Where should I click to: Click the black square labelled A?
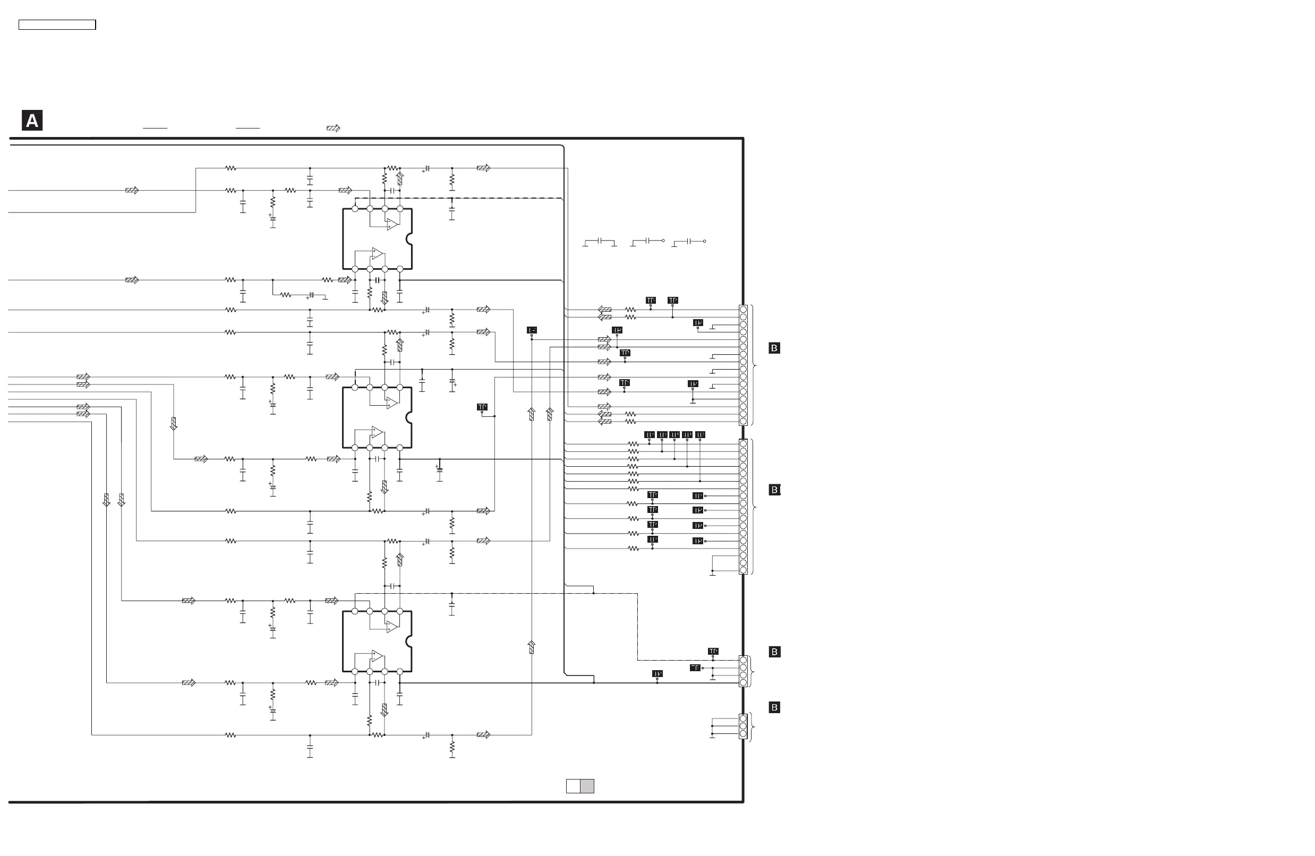(32, 121)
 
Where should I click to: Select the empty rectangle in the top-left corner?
(57, 25)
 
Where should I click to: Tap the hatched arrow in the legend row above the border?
(333, 128)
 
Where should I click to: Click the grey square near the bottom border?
(587, 786)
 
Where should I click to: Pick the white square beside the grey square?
(573, 786)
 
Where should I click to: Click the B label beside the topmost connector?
(774, 348)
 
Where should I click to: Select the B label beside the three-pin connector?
(774, 707)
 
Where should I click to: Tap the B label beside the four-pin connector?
(774, 652)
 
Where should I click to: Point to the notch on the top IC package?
(409, 239)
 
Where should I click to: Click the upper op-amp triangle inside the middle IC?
(392, 403)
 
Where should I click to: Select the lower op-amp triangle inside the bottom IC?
(378, 656)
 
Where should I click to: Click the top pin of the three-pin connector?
(743, 718)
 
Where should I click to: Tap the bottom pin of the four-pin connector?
(743, 683)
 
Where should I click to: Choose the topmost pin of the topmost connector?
(743, 310)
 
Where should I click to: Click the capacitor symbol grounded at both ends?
(600, 242)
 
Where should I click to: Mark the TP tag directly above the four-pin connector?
(713, 652)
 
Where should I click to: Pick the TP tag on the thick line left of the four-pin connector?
(657, 674)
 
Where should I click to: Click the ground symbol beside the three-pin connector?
(712, 735)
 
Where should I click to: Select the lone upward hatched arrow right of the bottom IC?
(532, 647)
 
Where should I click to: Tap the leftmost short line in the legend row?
(155, 128)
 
